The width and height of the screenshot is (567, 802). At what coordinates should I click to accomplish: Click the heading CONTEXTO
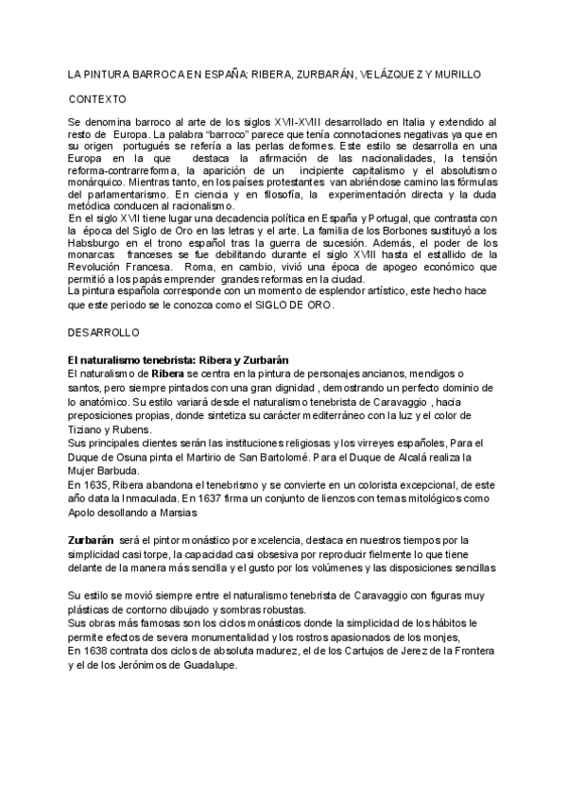97,98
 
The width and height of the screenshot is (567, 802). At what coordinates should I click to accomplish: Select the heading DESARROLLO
104,334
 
